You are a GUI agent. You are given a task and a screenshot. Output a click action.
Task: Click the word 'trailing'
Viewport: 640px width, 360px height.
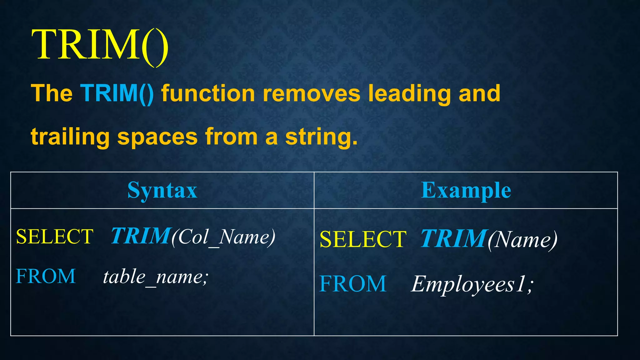pos(70,137)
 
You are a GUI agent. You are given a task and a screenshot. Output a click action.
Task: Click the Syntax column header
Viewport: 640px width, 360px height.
pos(162,190)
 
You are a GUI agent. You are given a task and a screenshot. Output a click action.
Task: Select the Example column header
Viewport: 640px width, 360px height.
pos(466,190)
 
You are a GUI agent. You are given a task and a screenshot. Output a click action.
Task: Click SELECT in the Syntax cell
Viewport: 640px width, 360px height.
pos(55,236)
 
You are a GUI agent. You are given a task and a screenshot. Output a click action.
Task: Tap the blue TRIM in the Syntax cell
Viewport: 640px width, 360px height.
pos(141,236)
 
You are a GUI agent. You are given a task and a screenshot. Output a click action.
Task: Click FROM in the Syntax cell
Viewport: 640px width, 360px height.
pos(46,276)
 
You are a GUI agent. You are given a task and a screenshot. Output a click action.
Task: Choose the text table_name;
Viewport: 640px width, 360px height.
pos(156,277)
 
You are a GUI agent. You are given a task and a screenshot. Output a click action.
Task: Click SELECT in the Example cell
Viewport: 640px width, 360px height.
pos(363,239)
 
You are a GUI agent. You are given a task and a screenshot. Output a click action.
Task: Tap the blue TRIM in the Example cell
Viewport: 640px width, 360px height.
pos(454,239)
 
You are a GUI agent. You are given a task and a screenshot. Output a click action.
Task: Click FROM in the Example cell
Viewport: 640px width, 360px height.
pos(353,284)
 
